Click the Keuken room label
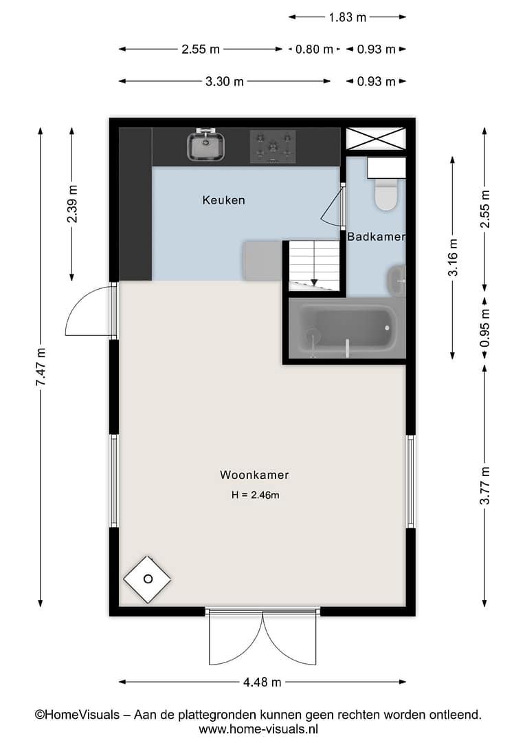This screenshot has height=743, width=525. (x=223, y=200)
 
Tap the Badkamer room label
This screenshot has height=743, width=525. (x=377, y=237)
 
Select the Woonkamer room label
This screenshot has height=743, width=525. (x=254, y=475)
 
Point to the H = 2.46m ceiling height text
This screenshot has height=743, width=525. (x=255, y=495)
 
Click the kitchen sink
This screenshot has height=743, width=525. (x=206, y=144)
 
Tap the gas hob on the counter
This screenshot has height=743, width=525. (x=273, y=147)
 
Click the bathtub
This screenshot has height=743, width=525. (x=347, y=328)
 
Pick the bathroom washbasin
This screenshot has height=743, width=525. (x=397, y=281)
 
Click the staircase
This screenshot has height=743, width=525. (x=314, y=266)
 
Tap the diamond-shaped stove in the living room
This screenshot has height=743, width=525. (x=147, y=579)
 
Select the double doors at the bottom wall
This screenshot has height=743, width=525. (x=262, y=637)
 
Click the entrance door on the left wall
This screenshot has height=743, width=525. (x=91, y=311)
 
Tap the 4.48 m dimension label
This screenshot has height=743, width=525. (x=262, y=682)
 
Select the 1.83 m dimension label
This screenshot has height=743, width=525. (x=348, y=17)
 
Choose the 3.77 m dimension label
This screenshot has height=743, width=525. (x=484, y=486)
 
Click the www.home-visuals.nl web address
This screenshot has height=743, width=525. (x=258, y=729)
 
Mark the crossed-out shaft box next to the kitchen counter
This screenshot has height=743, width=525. (x=376, y=139)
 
